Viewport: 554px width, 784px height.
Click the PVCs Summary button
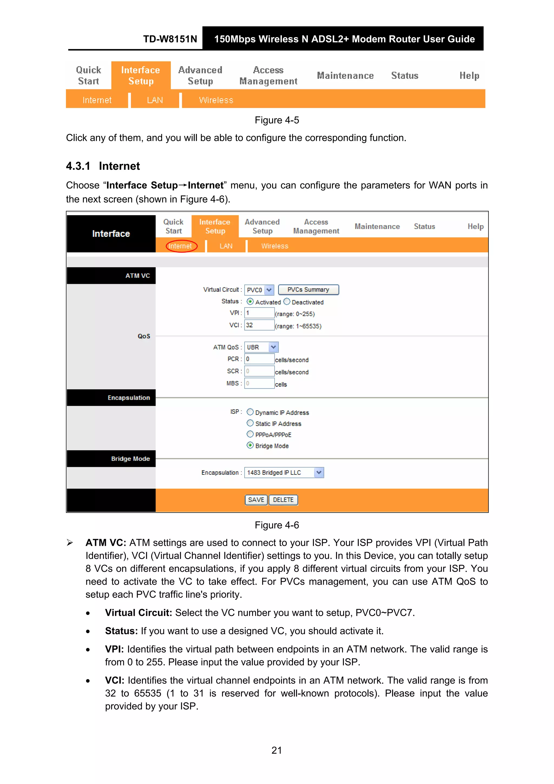[x=308, y=290]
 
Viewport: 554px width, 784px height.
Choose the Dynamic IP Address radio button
[x=250, y=412]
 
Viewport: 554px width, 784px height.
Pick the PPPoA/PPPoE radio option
[x=250, y=434]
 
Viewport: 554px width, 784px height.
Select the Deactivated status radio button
[x=287, y=301]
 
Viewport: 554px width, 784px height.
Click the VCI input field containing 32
[x=259, y=325]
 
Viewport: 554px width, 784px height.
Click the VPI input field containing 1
[x=259, y=313]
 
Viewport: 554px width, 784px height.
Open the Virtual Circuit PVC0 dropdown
[x=259, y=290]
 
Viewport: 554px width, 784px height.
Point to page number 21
[x=276, y=750]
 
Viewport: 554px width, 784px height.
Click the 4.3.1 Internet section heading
[x=103, y=166]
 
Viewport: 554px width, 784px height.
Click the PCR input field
[x=259, y=359]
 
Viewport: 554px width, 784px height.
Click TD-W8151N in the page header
[x=170, y=39]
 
